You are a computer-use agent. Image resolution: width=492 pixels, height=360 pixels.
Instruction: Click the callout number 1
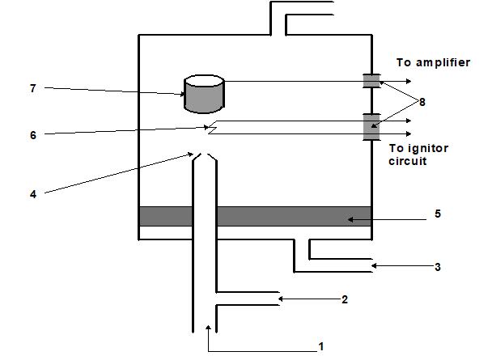pyautogui.click(x=320, y=347)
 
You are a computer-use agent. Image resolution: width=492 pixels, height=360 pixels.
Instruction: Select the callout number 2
pyautogui.click(x=345, y=300)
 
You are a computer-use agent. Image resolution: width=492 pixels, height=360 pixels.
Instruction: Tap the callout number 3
pyautogui.click(x=438, y=267)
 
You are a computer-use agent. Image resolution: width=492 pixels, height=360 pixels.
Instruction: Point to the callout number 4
pyautogui.click(x=33, y=194)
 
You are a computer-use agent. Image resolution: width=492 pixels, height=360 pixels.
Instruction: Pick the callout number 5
pyautogui.click(x=438, y=214)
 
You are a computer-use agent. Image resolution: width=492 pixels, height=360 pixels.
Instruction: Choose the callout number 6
pyautogui.click(x=33, y=135)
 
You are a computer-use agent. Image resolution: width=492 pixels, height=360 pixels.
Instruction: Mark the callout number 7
pyautogui.click(x=33, y=88)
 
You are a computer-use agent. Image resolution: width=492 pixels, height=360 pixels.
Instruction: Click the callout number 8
pyautogui.click(x=422, y=102)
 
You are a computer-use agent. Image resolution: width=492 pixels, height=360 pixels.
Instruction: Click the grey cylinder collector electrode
pyautogui.click(x=204, y=94)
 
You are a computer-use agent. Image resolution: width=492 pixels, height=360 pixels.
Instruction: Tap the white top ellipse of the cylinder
pyautogui.click(x=204, y=81)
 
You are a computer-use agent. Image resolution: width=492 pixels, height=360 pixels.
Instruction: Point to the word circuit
pyautogui.click(x=408, y=161)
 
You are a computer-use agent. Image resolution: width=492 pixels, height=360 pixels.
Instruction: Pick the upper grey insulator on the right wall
pyautogui.click(x=371, y=81)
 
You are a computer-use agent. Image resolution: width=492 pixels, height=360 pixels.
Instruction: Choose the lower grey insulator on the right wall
pyautogui.click(x=371, y=127)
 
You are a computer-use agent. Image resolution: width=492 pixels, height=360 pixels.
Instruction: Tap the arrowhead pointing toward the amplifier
pyautogui.click(x=409, y=81)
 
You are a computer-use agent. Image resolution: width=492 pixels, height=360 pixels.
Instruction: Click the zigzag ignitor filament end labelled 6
pyautogui.click(x=212, y=127)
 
